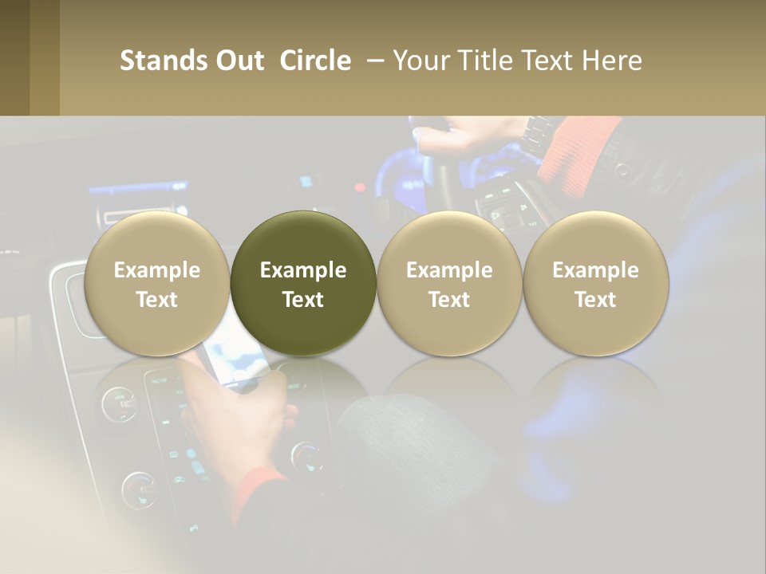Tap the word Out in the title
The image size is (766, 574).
click(x=237, y=61)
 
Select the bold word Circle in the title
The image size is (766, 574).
click(x=315, y=61)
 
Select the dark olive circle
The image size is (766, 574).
click(x=303, y=239)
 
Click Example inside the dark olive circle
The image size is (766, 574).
click(x=303, y=270)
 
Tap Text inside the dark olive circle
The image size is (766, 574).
click(x=303, y=300)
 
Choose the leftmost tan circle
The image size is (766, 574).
click(x=156, y=239)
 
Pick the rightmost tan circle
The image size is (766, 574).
click(x=596, y=239)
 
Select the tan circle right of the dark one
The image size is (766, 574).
click(x=449, y=239)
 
